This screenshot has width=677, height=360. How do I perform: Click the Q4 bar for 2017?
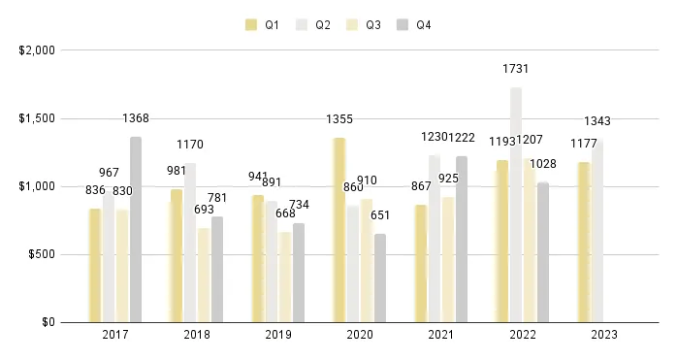pos(136,229)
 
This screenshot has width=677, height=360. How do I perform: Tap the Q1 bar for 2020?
pos(339,230)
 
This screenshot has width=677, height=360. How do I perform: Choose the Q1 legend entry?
pos(262,25)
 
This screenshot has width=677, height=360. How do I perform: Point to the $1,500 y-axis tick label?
pos(34,118)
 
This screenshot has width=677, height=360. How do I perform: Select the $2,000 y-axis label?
pos(34,50)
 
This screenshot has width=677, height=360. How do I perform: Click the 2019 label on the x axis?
pos(277,335)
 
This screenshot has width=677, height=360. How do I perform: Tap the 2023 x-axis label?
pos(603,335)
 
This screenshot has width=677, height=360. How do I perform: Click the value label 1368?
pos(136,118)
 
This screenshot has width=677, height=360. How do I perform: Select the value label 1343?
pos(596,121)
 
